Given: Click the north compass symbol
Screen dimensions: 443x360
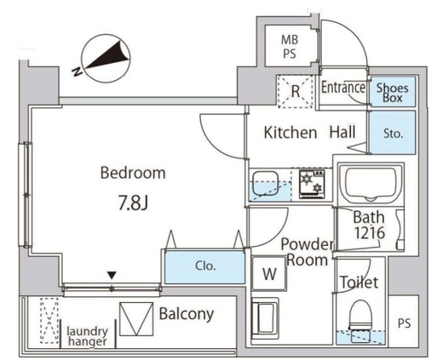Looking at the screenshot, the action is point(106,59).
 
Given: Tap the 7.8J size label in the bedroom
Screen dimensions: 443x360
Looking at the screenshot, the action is point(133,203).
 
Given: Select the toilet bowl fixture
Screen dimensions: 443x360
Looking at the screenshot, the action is point(360,321).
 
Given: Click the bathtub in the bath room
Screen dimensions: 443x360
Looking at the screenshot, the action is point(371,184).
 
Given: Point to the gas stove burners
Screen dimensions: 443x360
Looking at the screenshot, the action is point(312,184).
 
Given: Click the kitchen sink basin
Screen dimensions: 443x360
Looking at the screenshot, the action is point(266,184).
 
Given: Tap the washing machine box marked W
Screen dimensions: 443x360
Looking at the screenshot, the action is point(269,274).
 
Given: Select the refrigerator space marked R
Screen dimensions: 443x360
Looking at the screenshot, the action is point(296,91).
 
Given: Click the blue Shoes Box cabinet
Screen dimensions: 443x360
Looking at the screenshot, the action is point(393,92).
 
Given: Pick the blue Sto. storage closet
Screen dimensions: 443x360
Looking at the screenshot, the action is point(393,133).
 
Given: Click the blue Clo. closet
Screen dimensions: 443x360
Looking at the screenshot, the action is point(205,266).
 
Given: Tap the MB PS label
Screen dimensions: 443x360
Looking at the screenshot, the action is point(289,46).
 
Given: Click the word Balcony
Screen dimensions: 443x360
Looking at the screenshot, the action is point(187,314).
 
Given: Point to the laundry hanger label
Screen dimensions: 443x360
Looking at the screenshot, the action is point(88,336).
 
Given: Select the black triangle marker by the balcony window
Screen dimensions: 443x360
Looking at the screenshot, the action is point(112,275).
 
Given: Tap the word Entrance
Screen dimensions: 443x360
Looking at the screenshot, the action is point(343,88).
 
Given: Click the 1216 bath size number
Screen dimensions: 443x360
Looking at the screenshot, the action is point(369,233).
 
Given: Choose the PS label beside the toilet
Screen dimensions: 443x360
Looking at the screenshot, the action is point(404,323).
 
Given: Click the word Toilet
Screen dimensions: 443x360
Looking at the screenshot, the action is point(360,283).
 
